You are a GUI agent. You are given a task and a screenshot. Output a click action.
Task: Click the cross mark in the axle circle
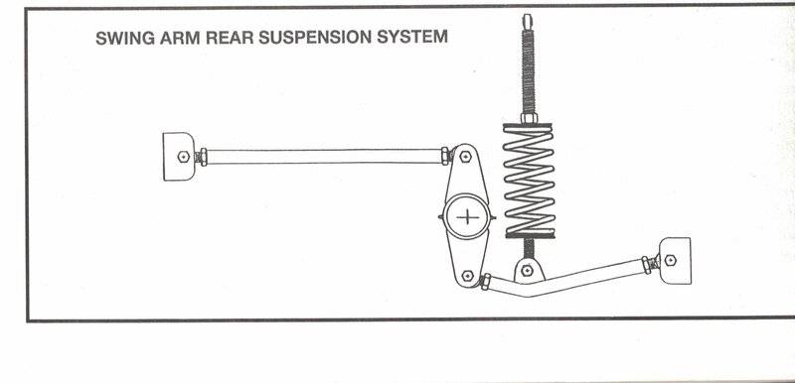[x=467, y=217]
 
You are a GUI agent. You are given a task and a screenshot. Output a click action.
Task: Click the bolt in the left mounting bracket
[x=184, y=157]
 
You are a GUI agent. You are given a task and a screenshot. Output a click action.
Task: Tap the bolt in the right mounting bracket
[x=670, y=260]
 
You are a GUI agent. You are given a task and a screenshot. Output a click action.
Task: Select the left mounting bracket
[x=179, y=157]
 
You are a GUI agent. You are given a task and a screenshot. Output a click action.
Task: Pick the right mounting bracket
[x=675, y=261]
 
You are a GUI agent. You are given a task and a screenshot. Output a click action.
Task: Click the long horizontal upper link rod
[x=324, y=157]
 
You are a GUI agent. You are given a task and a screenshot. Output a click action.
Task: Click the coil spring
[x=529, y=181]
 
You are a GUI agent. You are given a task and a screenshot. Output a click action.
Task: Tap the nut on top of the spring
[x=529, y=118]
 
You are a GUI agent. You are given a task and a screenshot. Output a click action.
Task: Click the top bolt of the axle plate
[x=465, y=157]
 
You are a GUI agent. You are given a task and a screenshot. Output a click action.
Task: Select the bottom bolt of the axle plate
[x=467, y=276]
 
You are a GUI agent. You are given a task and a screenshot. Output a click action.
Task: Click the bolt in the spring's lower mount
[x=528, y=271]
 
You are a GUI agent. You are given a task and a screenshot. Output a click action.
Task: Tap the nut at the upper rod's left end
[x=203, y=157]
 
